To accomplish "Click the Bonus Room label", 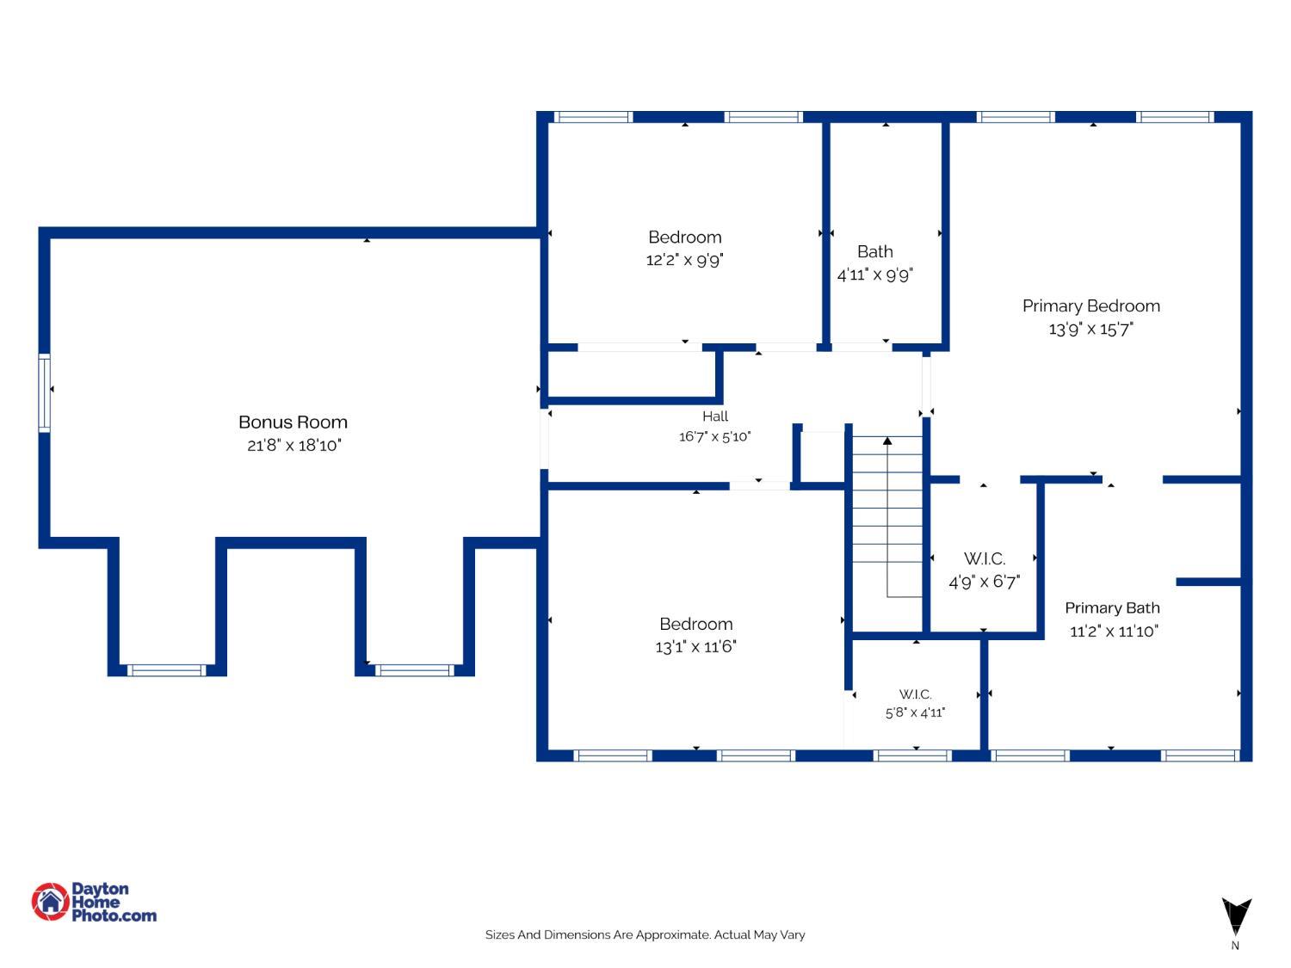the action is point(293,422).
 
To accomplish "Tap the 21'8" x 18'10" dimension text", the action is point(294,445).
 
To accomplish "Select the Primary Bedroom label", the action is point(1091,305).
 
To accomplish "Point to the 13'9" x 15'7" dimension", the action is point(1091,329).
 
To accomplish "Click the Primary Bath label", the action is point(1112,607).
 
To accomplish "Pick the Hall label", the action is point(715,416).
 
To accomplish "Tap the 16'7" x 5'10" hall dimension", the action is point(715,436).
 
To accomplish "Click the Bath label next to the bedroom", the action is point(875,251).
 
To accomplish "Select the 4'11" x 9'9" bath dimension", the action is point(875,274).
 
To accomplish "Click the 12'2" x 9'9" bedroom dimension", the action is point(684,260).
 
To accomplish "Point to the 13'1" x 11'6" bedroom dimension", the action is point(695,646).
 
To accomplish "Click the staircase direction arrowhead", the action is point(887,441).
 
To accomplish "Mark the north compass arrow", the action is point(1236,916).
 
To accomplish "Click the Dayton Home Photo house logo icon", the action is point(51,901).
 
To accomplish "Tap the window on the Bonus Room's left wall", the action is point(45,392).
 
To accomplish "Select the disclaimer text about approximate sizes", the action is point(645,934).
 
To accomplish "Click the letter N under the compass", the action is point(1235,946).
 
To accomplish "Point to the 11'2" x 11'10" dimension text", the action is point(1114,632).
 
